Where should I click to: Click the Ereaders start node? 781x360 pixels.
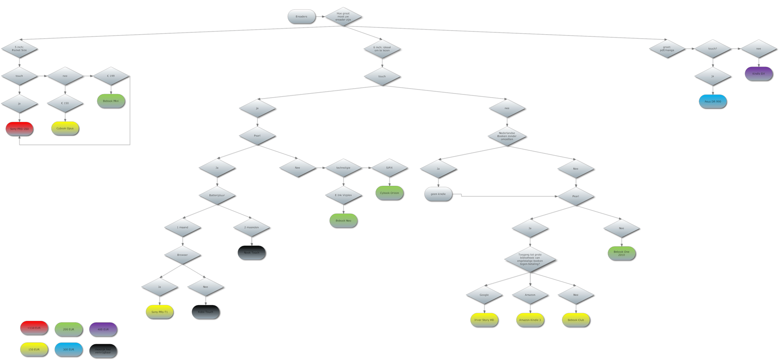click(301, 17)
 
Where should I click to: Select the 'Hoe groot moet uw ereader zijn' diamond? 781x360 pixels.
click(343, 17)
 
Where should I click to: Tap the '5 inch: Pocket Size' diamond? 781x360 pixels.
click(19, 49)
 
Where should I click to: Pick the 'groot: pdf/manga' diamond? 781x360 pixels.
click(667, 49)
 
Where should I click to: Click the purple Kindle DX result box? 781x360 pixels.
click(758, 74)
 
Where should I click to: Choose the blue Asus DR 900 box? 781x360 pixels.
click(713, 101)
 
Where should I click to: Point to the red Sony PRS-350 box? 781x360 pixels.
click(19, 129)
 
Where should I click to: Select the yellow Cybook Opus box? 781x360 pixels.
click(65, 128)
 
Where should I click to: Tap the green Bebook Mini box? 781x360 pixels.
click(111, 101)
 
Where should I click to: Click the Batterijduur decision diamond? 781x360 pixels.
click(217, 195)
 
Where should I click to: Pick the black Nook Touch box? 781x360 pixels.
click(252, 252)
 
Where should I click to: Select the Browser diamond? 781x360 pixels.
click(182, 255)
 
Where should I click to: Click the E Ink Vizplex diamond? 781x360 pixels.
click(343, 195)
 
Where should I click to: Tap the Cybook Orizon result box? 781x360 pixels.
click(389, 193)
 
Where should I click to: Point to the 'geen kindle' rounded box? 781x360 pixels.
click(438, 194)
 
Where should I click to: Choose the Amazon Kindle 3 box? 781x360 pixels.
click(530, 320)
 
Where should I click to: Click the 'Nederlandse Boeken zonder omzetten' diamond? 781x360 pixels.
click(507, 136)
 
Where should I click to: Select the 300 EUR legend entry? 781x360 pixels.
click(68, 349)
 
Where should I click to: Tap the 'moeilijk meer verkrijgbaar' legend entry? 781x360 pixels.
click(103, 351)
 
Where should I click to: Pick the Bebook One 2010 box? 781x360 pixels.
click(621, 253)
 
